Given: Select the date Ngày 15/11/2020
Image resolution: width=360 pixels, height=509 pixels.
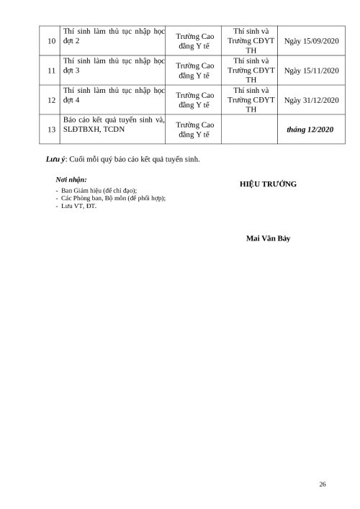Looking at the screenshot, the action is (x=312, y=71).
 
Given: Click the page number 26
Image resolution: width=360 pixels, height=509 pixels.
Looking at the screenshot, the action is (x=322, y=483).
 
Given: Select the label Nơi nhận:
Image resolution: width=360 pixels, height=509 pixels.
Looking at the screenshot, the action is (x=71, y=178).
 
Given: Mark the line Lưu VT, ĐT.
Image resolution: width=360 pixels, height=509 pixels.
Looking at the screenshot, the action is (x=79, y=206).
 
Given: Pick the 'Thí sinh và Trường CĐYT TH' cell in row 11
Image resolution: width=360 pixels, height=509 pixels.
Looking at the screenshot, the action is (x=248, y=71).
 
